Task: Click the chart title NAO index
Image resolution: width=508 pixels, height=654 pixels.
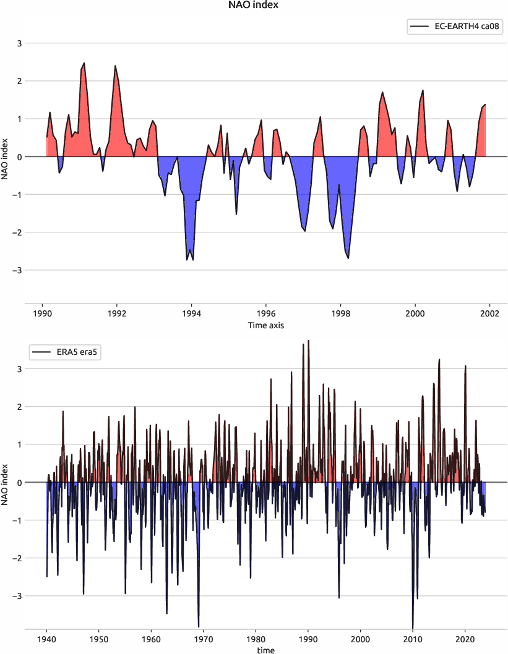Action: pyautogui.click(x=254, y=6)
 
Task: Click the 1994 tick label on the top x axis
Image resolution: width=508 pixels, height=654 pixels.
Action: pyautogui.click(x=192, y=313)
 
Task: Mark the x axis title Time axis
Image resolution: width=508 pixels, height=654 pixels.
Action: pyautogui.click(x=266, y=325)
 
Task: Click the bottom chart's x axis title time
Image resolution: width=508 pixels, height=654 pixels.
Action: pyautogui.click(x=266, y=650)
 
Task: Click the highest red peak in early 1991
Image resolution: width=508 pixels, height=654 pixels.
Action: pyautogui.click(x=84, y=63)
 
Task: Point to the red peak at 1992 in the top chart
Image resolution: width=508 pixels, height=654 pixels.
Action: pyautogui.click(x=115, y=66)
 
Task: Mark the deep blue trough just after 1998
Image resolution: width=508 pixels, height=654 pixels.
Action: pyautogui.click(x=348, y=258)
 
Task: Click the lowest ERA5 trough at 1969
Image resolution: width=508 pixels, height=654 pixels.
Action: pyautogui.click(x=199, y=627)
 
